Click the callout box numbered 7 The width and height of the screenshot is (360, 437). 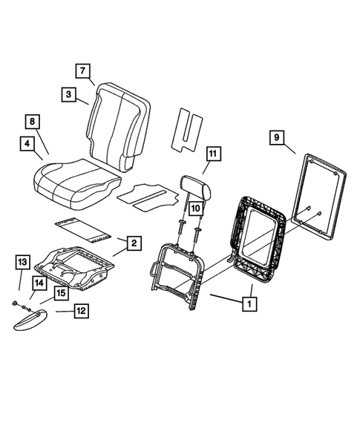[x=82, y=71]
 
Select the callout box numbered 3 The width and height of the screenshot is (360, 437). [x=68, y=94]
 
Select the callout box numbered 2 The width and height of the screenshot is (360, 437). [x=134, y=243]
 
